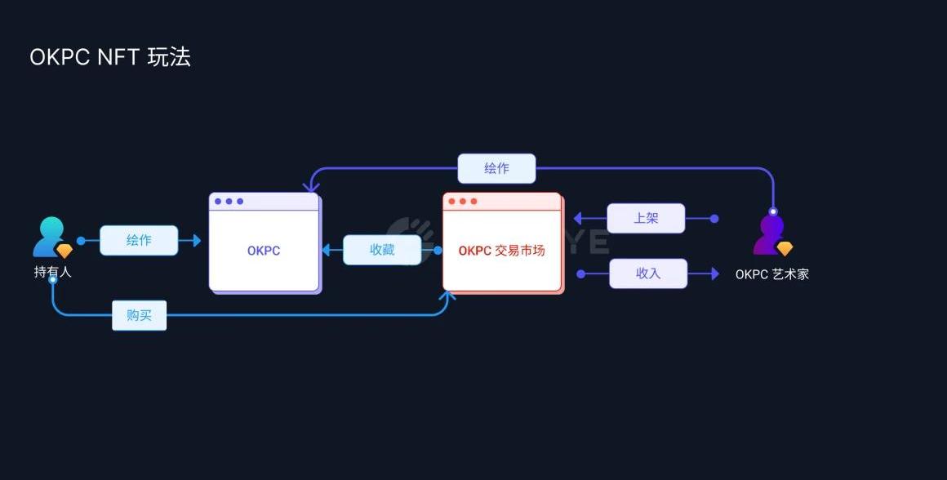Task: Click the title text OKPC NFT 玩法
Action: click(x=109, y=57)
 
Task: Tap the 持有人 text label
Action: click(x=52, y=272)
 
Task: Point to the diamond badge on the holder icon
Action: click(x=64, y=251)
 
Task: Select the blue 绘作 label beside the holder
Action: click(x=139, y=241)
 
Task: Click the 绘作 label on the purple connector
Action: click(x=496, y=168)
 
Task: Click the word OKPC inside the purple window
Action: click(x=264, y=251)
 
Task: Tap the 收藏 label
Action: click(x=382, y=250)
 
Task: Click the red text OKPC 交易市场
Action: click(x=501, y=251)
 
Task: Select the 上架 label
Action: click(x=646, y=219)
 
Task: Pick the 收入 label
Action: click(x=648, y=273)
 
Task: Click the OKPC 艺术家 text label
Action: click(x=771, y=274)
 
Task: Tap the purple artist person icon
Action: click(x=770, y=234)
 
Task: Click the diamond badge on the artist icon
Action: click(x=785, y=249)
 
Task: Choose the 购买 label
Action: click(x=140, y=315)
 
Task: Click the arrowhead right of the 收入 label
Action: click(x=714, y=274)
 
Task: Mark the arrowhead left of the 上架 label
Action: click(x=577, y=219)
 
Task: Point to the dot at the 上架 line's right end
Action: click(x=714, y=219)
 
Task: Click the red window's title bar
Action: click(x=502, y=202)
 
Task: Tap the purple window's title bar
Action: click(x=264, y=202)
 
